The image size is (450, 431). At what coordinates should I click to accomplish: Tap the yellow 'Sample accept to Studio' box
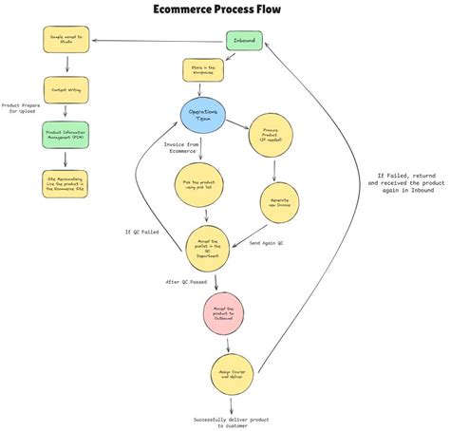click(66, 40)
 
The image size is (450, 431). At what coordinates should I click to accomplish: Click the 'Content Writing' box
click(66, 90)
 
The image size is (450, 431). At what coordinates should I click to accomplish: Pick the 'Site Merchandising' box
click(66, 181)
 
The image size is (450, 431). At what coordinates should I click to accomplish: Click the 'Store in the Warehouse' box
click(203, 70)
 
